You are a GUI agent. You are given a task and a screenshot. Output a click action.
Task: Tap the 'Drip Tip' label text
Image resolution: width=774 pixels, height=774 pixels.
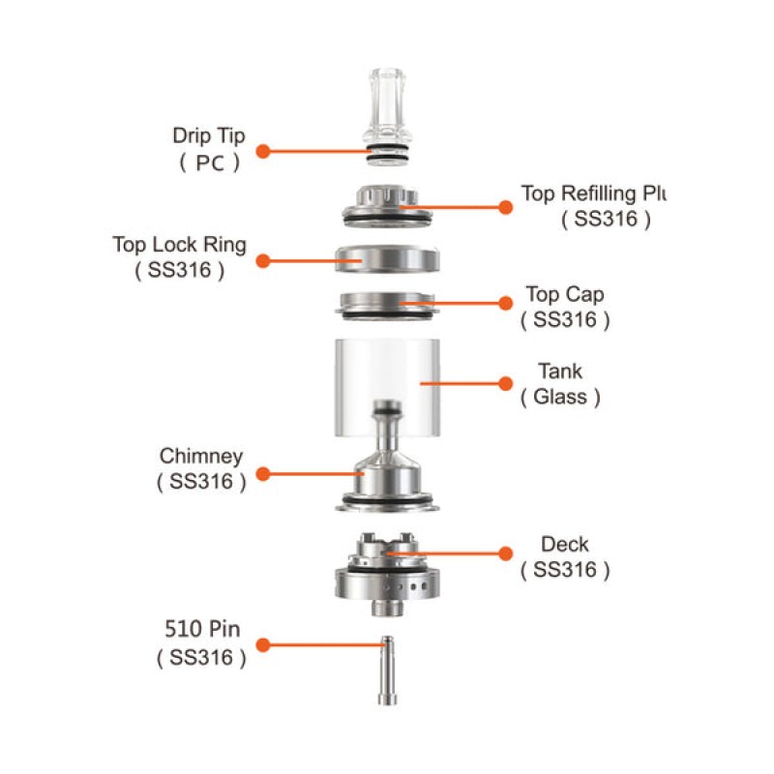coord(208,135)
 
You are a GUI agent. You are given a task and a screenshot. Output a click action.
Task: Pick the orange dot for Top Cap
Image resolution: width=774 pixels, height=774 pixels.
coord(504,303)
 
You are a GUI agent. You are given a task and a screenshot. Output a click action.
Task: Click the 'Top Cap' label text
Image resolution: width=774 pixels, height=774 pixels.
coord(565,293)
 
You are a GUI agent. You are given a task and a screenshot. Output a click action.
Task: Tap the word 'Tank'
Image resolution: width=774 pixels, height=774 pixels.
coord(560,371)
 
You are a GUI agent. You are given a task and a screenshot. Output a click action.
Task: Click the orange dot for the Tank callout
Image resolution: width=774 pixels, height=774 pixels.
coord(504,383)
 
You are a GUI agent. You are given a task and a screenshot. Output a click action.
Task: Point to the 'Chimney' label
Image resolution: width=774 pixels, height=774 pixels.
coord(201,456)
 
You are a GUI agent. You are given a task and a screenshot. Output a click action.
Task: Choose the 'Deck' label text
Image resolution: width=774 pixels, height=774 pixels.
coord(565,545)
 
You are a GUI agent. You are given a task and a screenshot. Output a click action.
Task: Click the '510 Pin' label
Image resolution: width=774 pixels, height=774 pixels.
coord(202,631)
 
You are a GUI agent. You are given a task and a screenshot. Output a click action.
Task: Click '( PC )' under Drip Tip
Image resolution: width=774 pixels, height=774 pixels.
coord(209,163)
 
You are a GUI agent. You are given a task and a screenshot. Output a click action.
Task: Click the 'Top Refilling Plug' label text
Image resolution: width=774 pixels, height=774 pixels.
coord(593,193)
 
